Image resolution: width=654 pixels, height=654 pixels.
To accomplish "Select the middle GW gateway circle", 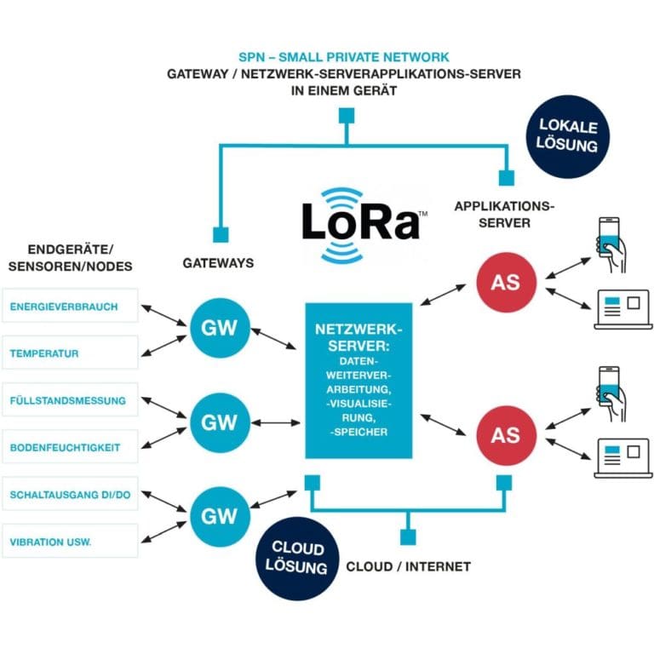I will point(220,422).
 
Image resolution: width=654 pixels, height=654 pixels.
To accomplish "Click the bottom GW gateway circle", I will point(220,516).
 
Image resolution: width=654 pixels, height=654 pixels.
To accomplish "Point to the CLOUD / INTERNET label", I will point(408,566).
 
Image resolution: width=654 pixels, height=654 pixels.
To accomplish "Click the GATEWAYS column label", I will point(218,263).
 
